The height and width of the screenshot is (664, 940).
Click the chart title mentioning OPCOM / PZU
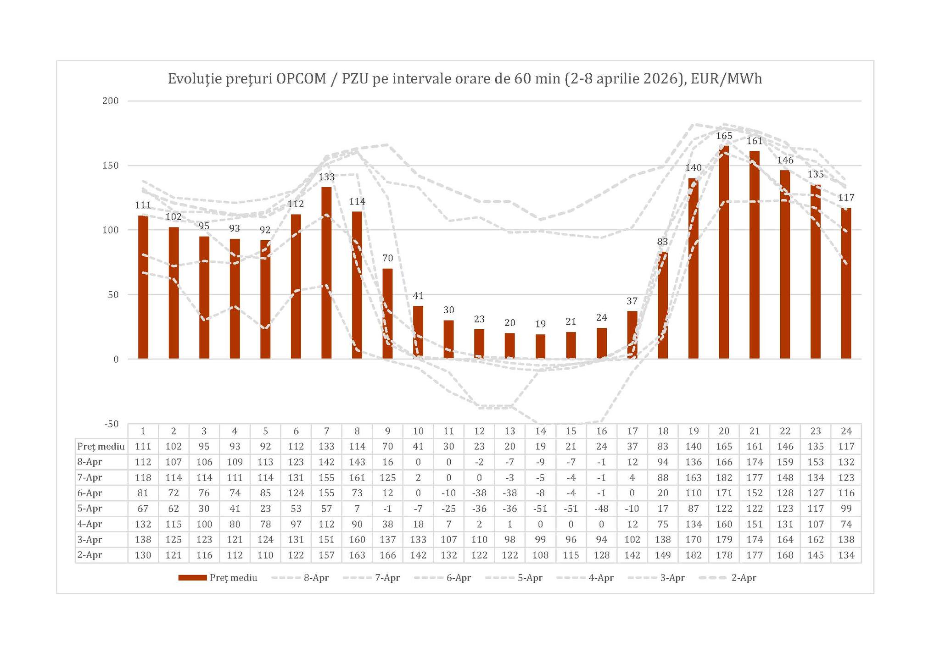(464, 79)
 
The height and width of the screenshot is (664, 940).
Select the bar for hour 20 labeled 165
(724, 252)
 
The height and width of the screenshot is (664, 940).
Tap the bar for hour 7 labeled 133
(326, 273)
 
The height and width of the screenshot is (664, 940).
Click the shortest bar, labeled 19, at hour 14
(540, 347)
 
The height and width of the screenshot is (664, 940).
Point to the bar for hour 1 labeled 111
(143, 287)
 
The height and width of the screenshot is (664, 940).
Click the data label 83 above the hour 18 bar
(662, 242)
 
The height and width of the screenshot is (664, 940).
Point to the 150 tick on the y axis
(111, 166)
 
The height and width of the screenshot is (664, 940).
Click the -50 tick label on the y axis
(111, 424)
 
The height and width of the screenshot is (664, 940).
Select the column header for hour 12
(479, 431)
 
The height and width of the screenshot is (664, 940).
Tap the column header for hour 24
(846, 431)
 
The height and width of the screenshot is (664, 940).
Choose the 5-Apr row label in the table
(90, 508)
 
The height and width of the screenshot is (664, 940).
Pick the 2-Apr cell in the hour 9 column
(387, 555)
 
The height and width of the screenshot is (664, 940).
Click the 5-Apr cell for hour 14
(540, 508)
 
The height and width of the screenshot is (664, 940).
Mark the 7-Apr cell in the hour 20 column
(724, 477)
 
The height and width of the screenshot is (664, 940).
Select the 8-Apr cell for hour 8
(357, 462)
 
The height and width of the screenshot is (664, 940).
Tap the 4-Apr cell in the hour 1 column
(143, 524)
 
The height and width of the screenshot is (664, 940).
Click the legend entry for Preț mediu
(218, 578)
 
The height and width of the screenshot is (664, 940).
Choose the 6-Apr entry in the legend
(443, 578)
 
